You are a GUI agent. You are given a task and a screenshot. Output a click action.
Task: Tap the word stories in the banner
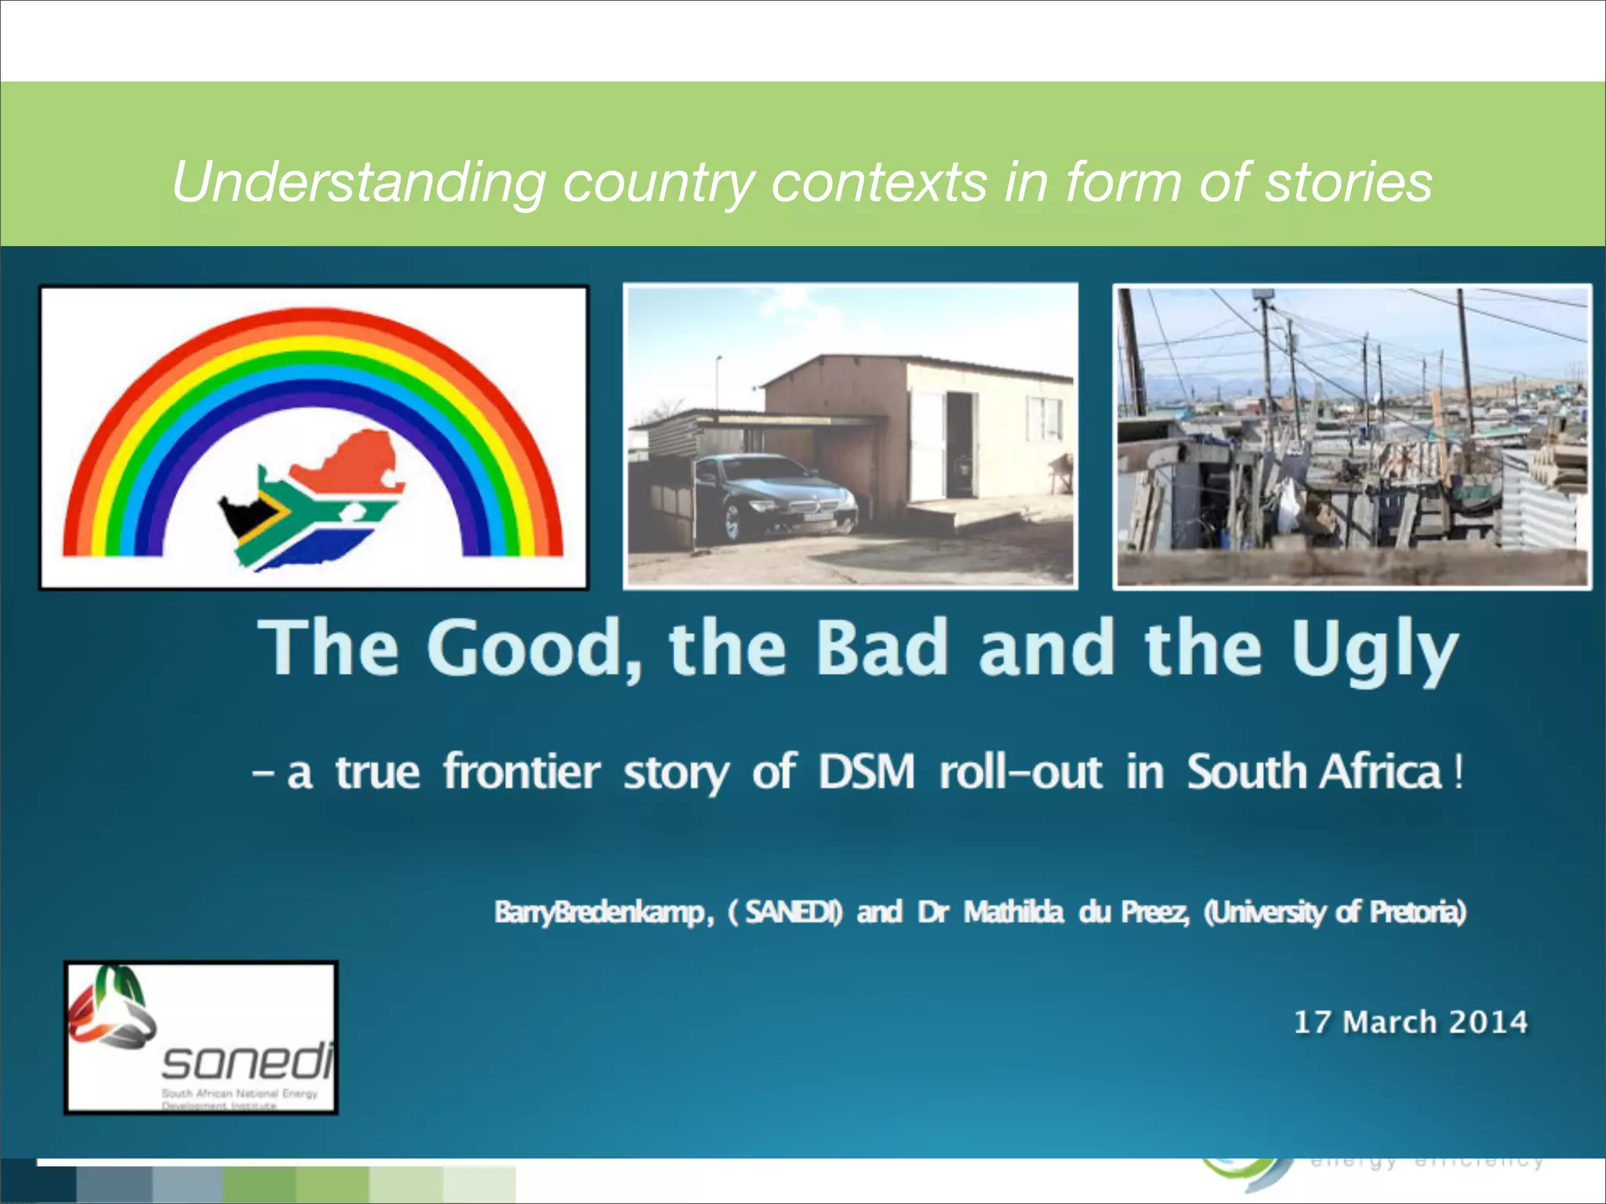(x=1349, y=182)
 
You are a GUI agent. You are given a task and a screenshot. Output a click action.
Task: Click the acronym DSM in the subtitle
(x=866, y=772)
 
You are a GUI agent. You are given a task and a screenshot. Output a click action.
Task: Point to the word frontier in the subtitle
(x=521, y=772)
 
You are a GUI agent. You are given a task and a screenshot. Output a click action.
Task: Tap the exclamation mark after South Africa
(x=1458, y=772)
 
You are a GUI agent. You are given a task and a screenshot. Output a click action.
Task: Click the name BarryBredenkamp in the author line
(x=600, y=912)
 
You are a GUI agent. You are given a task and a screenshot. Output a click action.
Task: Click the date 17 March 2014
(x=1410, y=1022)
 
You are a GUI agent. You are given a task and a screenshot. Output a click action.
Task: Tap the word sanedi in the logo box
(x=248, y=1062)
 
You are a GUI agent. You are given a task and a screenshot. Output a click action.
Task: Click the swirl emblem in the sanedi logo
(x=110, y=1010)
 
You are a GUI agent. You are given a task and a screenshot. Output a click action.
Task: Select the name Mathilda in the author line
(x=1013, y=912)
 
